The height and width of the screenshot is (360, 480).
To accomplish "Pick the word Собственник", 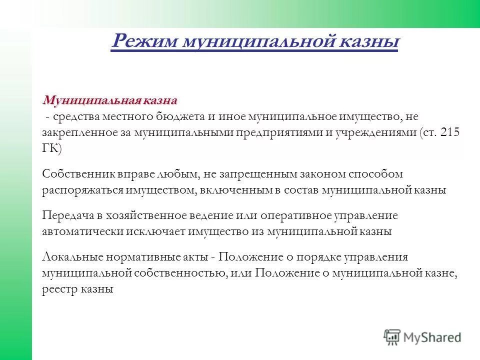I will pyautogui.click(x=79, y=174).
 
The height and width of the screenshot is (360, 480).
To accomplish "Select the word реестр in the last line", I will pyautogui.click(x=59, y=289).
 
